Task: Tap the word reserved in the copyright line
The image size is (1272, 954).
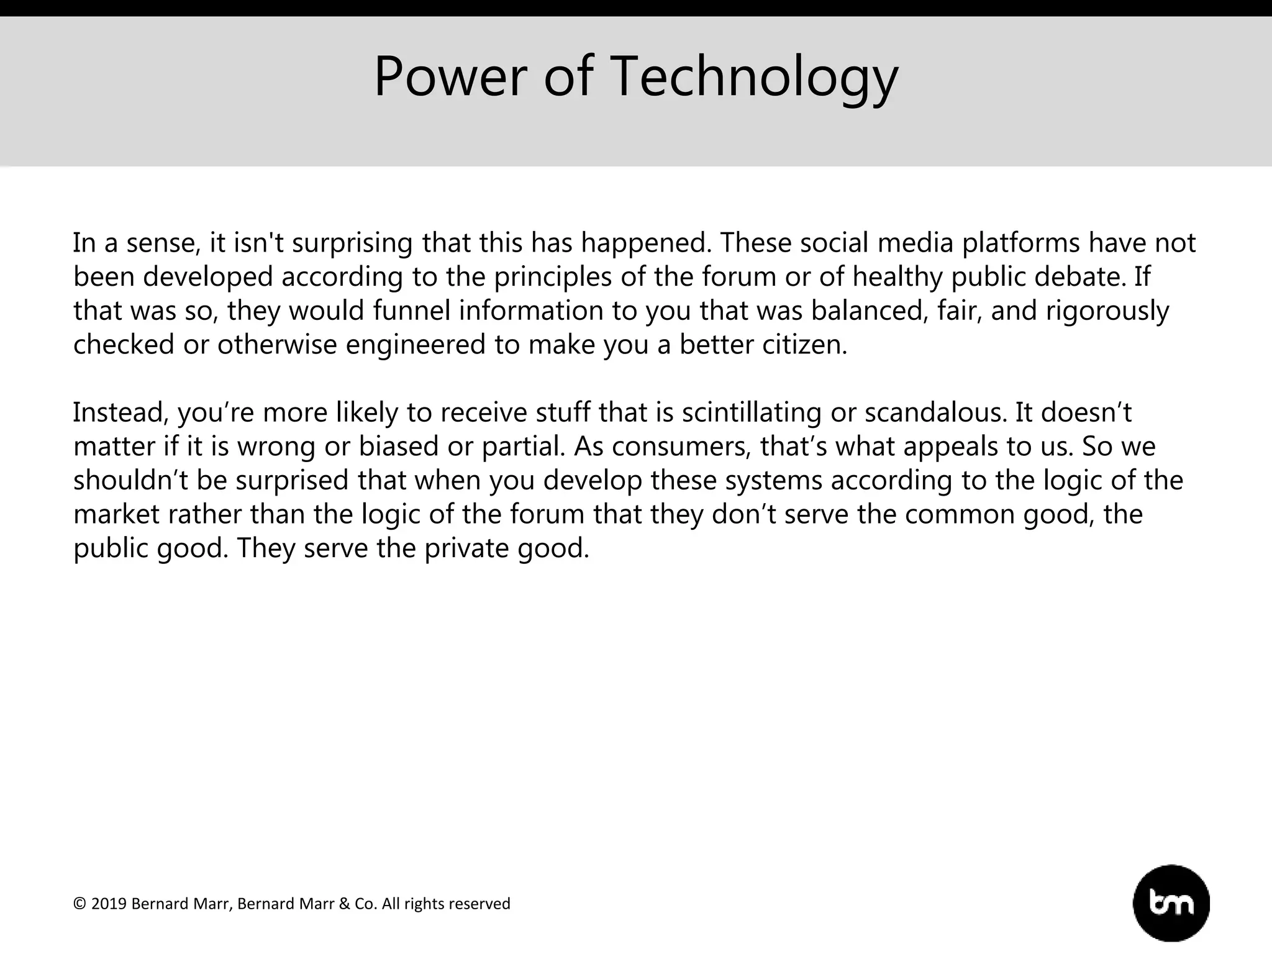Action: pyautogui.click(x=481, y=904)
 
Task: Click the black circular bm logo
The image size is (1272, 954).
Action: pyautogui.click(x=1171, y=903)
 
